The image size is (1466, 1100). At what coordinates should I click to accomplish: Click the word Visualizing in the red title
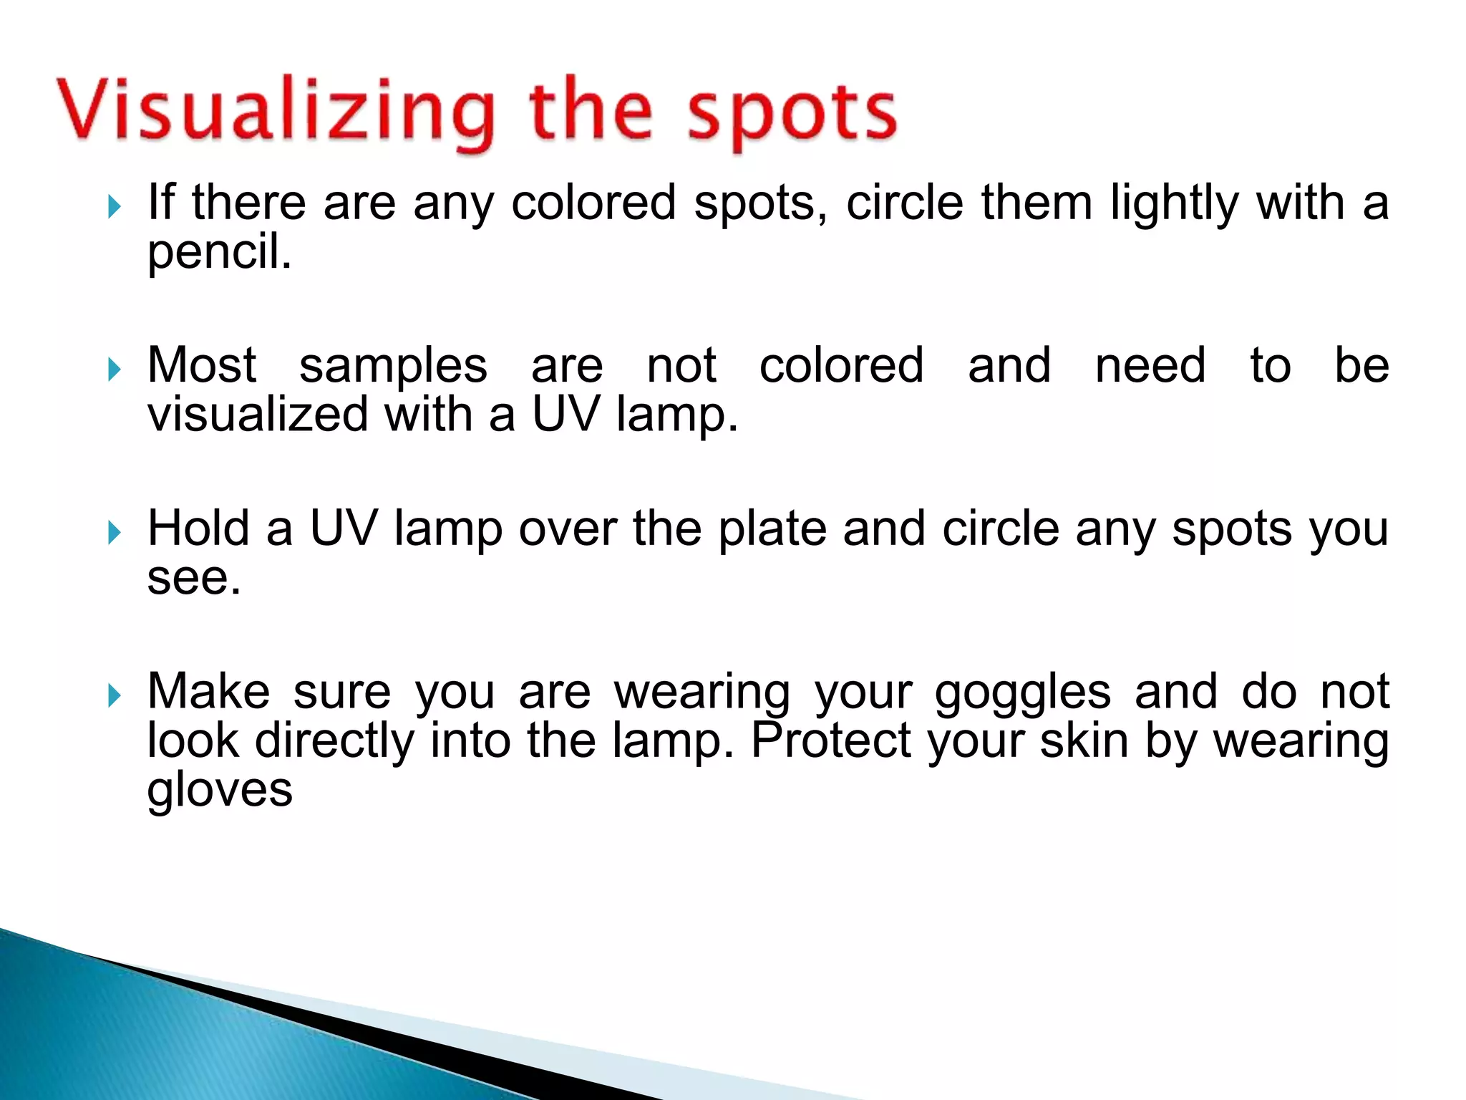pyautogui.click(x=276, y=112)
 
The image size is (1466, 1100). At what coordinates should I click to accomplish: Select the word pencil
pyautogui.click(x=219, y=252)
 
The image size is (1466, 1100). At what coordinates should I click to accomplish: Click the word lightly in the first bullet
pyautogui.click(x=1174, y=203)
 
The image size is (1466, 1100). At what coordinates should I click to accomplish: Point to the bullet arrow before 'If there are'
pyautogui.click(x=114, y=207)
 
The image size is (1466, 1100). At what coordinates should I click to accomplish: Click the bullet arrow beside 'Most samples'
pyautogui.click(x=114, y=370)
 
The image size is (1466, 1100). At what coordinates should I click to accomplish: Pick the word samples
pyautogui.click(x=393, y=366)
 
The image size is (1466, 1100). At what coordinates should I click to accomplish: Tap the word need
pyautogui.click(x=1150, y=365)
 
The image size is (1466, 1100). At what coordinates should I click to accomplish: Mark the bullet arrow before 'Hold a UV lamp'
pyautogui.click(x=114, y=532)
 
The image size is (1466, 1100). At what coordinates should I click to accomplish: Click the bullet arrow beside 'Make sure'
pyautogui.click(x=114, y=695)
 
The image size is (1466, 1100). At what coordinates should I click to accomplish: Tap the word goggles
pyautogui.click(x=1022, y=693)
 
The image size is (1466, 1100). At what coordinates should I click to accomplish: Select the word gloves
pyautogui.click(x=220, y=790)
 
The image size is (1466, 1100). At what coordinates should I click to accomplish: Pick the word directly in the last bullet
pyautogui.click(x=334, y=741)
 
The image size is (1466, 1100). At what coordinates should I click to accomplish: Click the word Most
pyautogui.click(x=201, y=365)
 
